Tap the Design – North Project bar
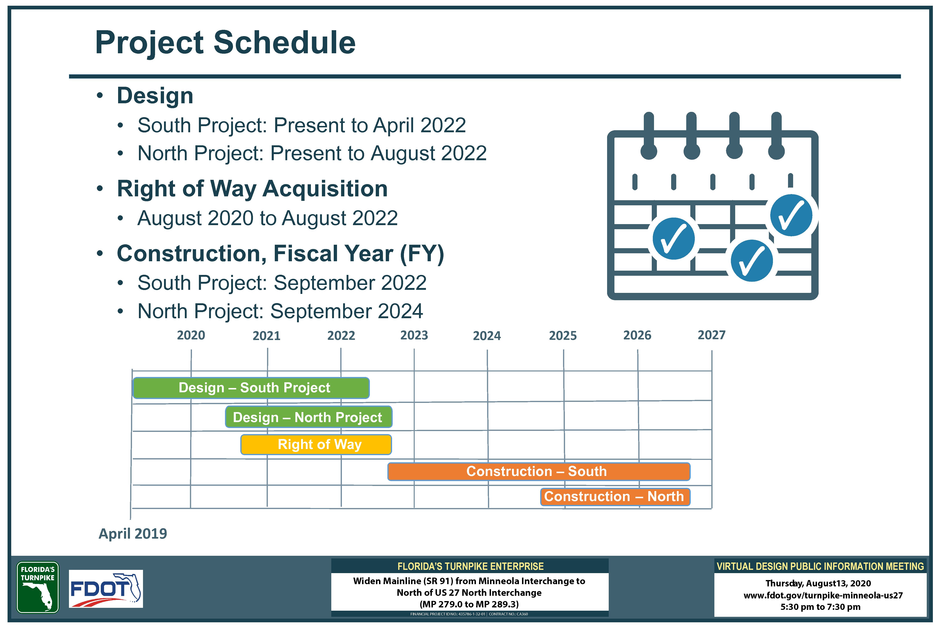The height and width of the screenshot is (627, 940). point(308,417)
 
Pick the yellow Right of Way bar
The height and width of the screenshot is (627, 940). point(316,444)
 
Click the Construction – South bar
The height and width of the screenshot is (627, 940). point(539,471)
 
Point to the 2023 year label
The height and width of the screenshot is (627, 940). point(414,335)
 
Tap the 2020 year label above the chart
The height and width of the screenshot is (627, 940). point(191,335)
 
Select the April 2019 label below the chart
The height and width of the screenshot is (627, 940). point(133,534)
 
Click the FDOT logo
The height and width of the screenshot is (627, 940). point(106,589)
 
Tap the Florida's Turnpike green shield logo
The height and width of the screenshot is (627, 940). point(38,587)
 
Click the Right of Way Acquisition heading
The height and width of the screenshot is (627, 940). point(252,189)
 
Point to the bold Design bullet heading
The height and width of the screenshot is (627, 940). point(155,96)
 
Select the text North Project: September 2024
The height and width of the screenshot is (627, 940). point(280,311)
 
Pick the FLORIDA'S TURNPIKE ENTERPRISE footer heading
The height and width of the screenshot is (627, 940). point(470,566)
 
